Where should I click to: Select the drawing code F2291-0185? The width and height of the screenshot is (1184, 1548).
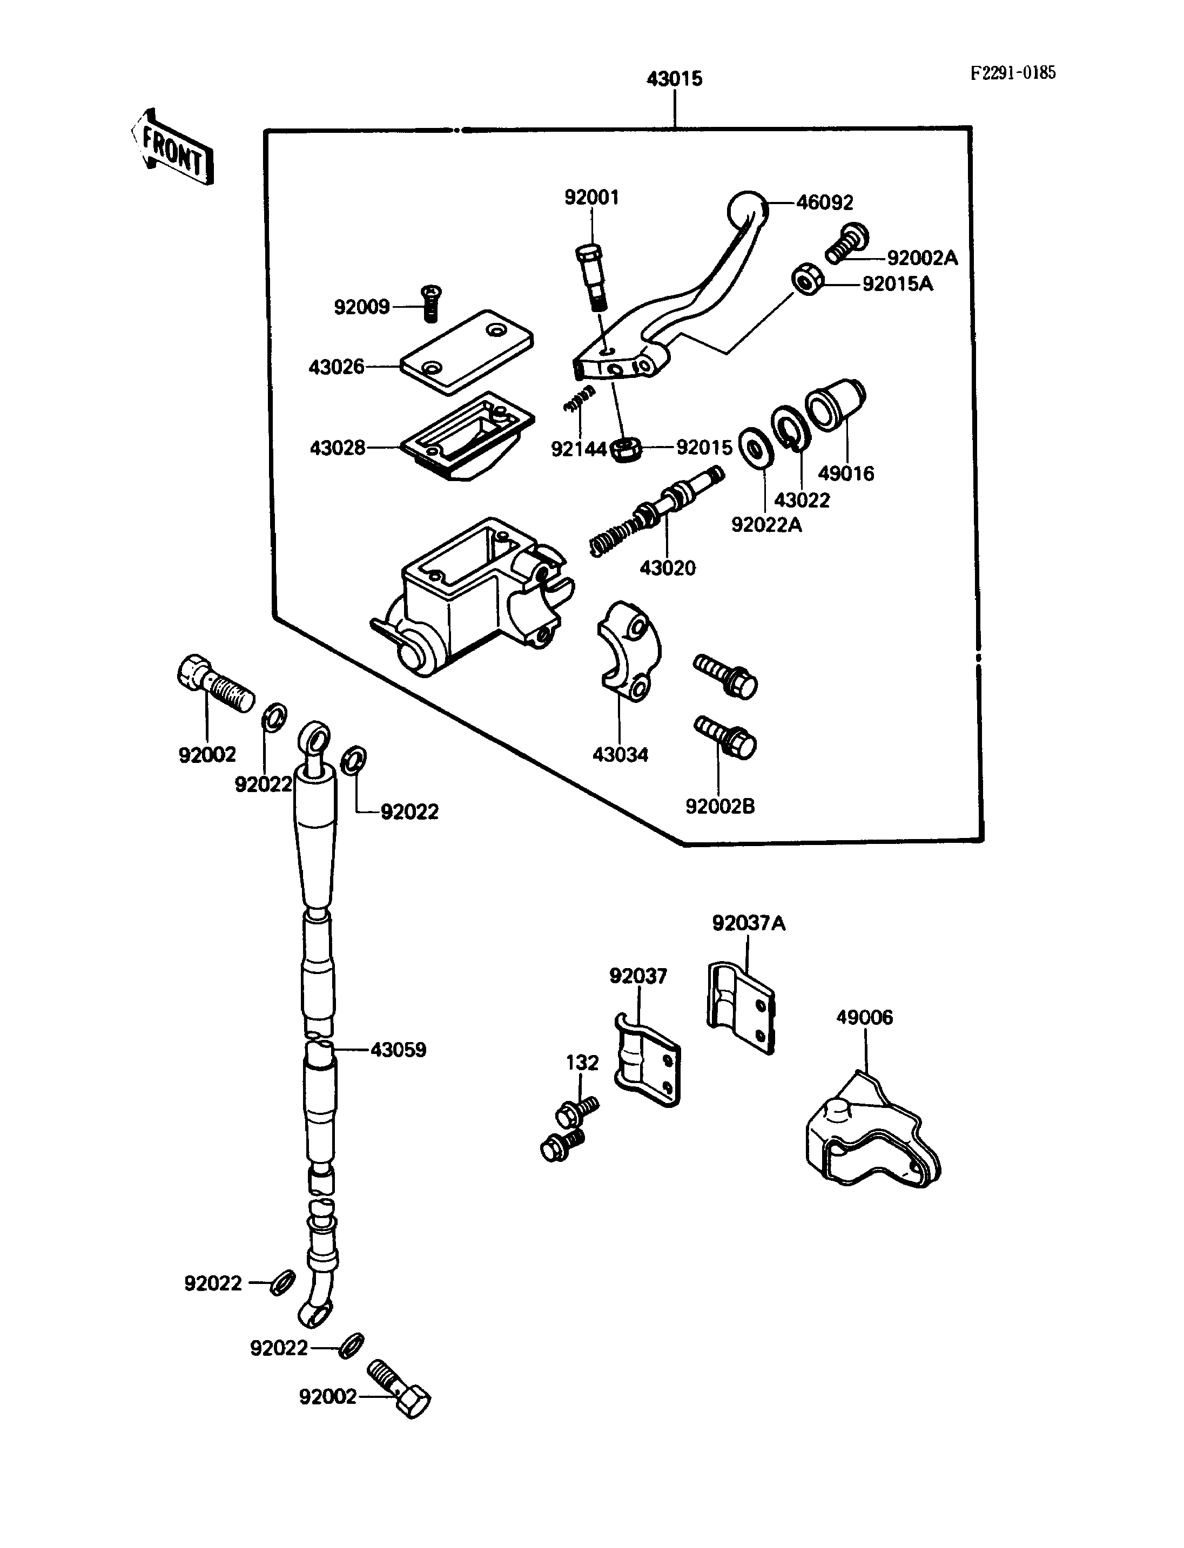pos(1013,72)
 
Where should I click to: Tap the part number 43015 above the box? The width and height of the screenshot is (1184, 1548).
pos(675,79)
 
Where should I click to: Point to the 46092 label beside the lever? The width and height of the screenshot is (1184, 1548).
pos(825,203)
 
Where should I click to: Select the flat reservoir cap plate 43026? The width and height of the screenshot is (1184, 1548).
pos(467,351)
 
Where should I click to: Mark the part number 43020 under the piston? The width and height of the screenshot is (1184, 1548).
pos(668,568)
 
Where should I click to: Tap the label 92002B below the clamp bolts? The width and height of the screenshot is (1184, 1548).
pos(719,806)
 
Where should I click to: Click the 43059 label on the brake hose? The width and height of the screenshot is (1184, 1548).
pos(398,1050)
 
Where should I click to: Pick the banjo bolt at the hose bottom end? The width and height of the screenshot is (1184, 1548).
pos(399,1387)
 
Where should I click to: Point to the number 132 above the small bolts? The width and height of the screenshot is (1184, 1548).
pos(582,1063)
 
